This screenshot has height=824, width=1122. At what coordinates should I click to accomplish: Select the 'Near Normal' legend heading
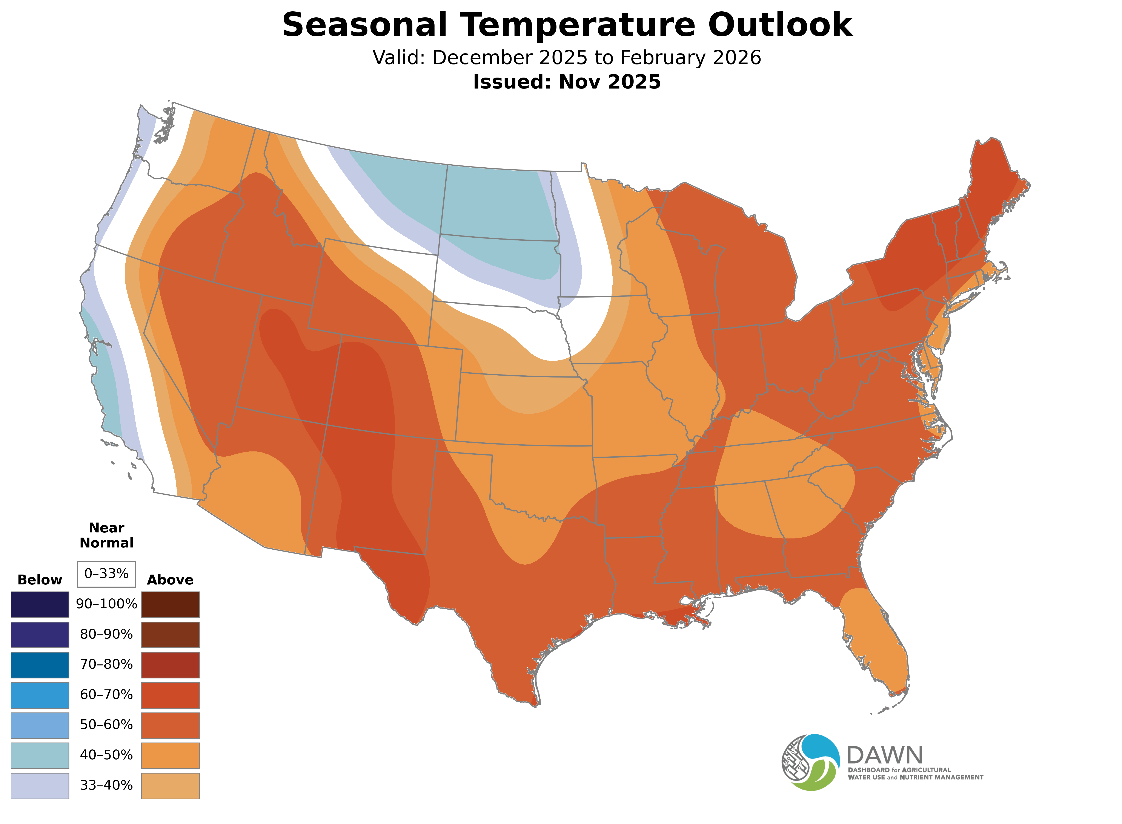(106, 535)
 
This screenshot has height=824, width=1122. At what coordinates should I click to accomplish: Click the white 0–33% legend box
(106, 574)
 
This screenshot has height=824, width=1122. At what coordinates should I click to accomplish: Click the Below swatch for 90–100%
(40, 605)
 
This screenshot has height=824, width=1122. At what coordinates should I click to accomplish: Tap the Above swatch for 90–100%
(170, 605)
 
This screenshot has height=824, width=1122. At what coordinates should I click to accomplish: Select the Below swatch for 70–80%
(40, 665)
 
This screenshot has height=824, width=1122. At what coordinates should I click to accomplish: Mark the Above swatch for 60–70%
(170, 695)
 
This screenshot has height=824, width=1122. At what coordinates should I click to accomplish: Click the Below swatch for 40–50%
(40, 756)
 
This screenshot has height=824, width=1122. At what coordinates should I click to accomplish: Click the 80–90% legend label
(106, 634)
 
